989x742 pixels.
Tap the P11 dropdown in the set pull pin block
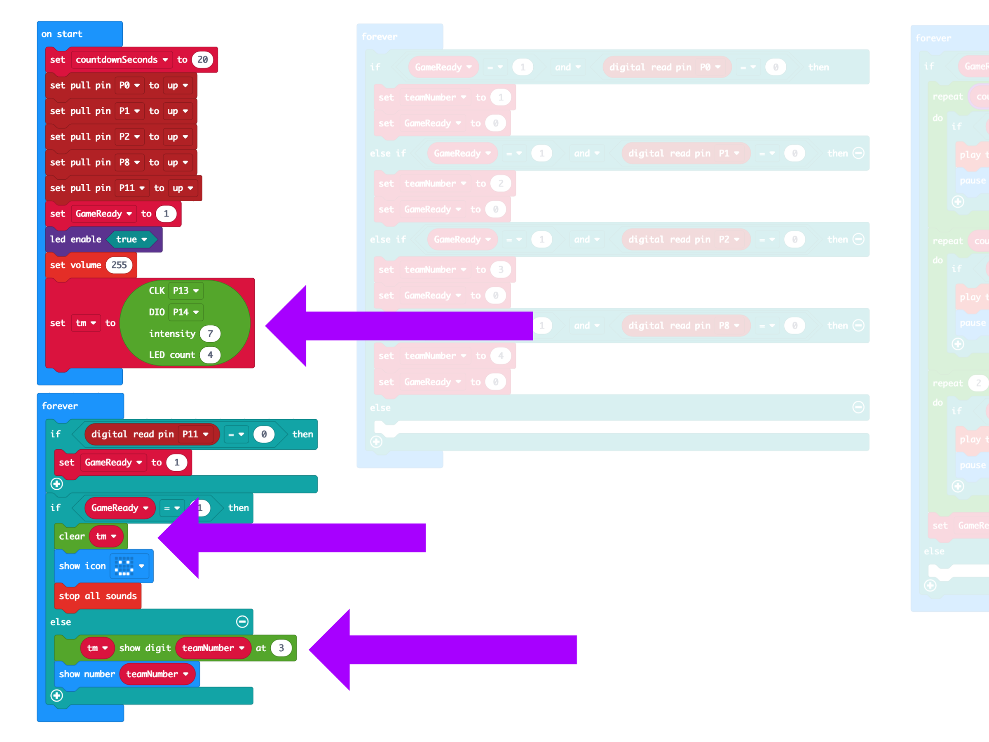[x=132, y=188]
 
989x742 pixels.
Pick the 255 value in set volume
[x=119, y=265]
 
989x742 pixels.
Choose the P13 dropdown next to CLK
[x=185, y=291]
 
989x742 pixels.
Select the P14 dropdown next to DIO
[x=185, y=312]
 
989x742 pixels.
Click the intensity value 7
[x=210, y=333]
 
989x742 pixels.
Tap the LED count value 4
[x=210, y=355]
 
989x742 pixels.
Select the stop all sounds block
[x=98, y=596]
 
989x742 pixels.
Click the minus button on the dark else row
[x=242, y=622]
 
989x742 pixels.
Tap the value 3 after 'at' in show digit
[x=281, y=648]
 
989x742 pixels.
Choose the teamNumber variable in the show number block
[x=157, y=674]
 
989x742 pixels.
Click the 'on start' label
[x=62, y=34]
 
